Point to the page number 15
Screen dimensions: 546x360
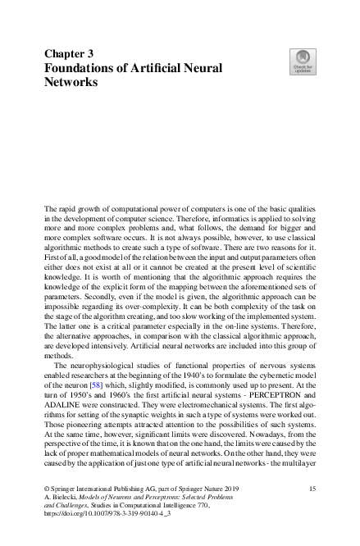312,488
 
